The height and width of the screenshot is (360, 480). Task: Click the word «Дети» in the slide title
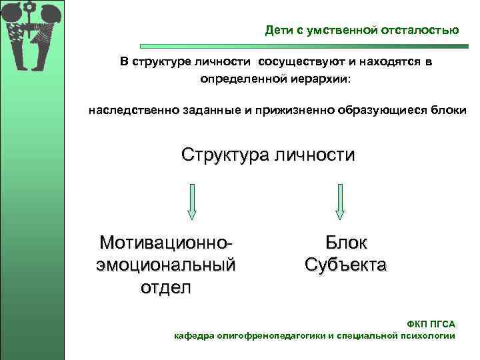point(279,30)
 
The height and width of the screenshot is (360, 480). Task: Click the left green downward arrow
point(191,201)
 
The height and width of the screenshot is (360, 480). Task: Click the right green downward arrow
point(339,201)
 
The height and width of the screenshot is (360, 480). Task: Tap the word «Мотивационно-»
point(166,242)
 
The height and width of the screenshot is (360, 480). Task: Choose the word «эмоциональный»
point(166,265)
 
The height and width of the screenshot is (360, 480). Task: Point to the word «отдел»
point(166,287)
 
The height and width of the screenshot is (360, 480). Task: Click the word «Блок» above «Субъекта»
point(345,242)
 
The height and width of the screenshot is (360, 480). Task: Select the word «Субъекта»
point(345,265)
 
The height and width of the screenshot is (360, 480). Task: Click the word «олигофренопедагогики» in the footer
point(272,336)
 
